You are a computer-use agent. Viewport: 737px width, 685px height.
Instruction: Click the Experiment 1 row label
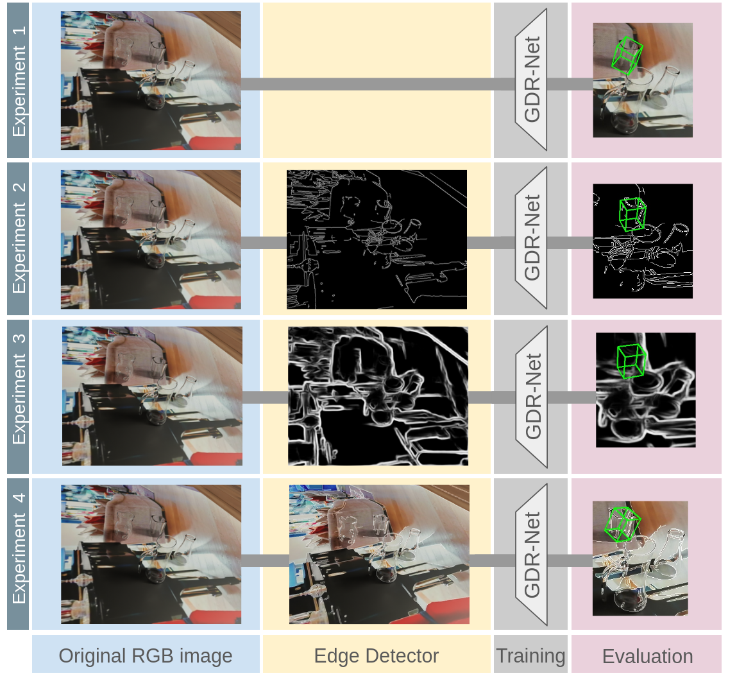[19, 80]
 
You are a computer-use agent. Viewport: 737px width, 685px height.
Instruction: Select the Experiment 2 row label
[19, 238]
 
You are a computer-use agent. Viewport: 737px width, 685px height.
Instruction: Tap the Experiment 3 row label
[19, 396]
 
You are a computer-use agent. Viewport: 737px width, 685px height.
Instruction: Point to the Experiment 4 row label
[19, 553]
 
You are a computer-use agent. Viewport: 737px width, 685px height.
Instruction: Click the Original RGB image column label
[146, 655]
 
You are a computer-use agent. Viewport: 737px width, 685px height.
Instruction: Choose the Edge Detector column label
[377, 655]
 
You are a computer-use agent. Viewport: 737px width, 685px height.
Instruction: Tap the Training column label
[530, 655]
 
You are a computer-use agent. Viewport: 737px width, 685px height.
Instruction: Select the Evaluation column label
[647, 656]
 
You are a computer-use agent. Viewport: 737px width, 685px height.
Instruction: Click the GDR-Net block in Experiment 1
[532, 80]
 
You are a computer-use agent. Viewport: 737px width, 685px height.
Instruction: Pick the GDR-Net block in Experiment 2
[532, 238]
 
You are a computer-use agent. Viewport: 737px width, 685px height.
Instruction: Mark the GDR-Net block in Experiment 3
[532, 396]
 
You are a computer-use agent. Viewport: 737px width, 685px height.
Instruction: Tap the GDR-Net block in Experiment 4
[532, 554]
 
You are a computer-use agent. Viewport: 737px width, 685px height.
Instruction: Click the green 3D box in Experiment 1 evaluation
[627, 56]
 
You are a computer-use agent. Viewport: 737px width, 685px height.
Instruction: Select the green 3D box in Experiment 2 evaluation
[632, 214]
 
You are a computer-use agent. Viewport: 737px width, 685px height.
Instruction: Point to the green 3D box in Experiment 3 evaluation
[631, 361]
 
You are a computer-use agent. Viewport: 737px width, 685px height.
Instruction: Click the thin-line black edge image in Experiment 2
[377, 239]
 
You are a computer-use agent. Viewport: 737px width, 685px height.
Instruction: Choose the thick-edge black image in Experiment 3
[378, 396]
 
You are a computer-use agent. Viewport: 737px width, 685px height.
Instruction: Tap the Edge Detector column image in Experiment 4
[379, 554]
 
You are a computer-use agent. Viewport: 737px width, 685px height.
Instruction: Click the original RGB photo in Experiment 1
[151, 80]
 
